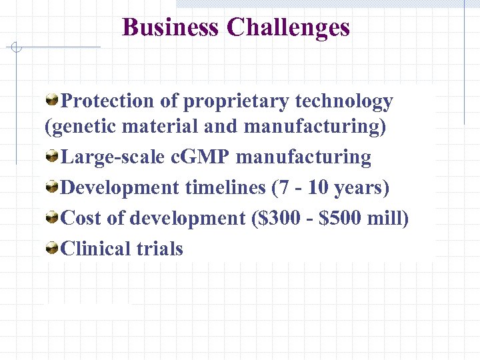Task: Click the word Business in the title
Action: pyautogui.click(x=171, y=27)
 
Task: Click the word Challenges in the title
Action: pyautogui.click(x=288, y=27)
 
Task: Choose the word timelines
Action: pyautogui.click(x=225, y=188)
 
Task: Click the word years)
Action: pyautogui.click(x=361, y=188)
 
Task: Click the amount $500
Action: pyautogui.click(x=341, y=218)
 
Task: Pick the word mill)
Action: pyautogui.click(x=389, y=218)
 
